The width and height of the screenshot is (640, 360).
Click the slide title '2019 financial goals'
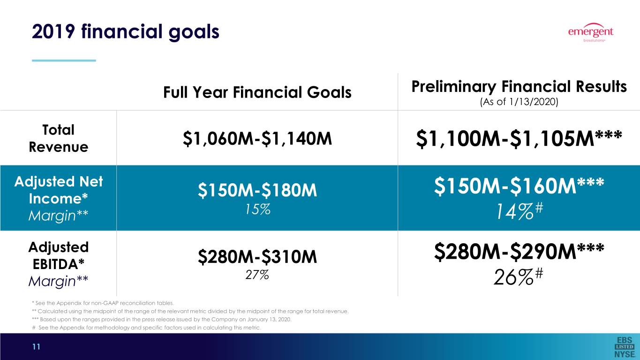pyautogui.click(x=126, y=32)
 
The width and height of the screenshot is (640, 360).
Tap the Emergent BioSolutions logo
pyautogui.click(x=591, y=32)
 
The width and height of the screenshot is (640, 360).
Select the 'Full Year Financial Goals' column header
pyautogui.click(x=257, y=92)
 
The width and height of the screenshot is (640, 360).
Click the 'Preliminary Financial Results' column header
pyautogui.click(x=519, y=87)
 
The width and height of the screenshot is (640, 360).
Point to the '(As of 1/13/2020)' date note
pyautogui.click(x=519, y=102)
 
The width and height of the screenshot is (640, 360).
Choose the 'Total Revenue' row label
pyautogui.click(x=59, y=138)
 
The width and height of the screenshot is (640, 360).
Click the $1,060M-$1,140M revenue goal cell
pyautogui.click(x=257, y=139)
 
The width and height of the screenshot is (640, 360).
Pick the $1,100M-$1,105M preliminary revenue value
pyautogui.click(x=519, y=139)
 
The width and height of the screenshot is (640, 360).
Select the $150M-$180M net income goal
pyautogui.click(x=257, y=190)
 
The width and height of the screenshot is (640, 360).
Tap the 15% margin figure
pyautogui.click(x=258, y=209)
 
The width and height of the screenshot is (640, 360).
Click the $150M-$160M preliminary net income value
pyautogui.click(x=519, y=186)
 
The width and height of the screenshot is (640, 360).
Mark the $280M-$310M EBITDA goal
pyautogui.click(x=257, y=256)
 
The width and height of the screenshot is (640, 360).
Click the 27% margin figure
pyautogui.click(x=257, y=275)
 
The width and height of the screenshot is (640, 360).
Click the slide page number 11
pyautogui.click(x=36, y=347)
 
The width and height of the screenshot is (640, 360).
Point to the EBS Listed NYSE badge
pyautogui.click(x=625, y=347)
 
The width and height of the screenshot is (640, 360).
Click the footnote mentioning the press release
pyautogui.click(x=162, y=319)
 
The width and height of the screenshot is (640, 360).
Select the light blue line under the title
pyautogui.click(x=64, y=60)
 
